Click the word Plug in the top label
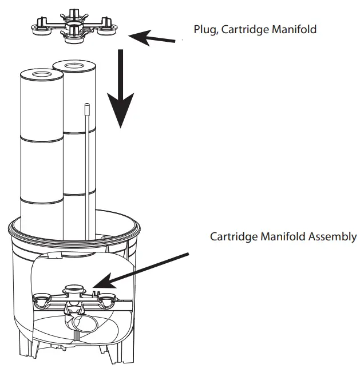coord(204,29)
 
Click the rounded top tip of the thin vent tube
coord(87,106)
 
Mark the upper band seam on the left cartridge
coord(41,137)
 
